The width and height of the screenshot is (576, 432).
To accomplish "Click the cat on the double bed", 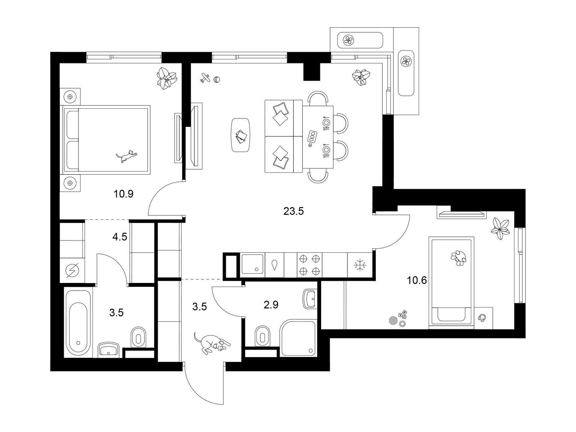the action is pyautogui.click(x=126, y=156).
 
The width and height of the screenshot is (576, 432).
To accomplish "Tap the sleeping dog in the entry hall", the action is pyautogui.click(x=212, y=344).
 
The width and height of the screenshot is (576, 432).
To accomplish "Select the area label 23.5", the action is pyautogui.click(x=293, y=211).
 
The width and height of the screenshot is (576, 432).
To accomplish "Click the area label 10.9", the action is pyautogui.click(x=123, y=194).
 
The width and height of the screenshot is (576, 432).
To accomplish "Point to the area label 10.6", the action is pyautogui.click(x=417, y=280).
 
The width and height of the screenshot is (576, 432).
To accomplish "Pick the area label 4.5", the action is pyautogui.click(x=120, y=237).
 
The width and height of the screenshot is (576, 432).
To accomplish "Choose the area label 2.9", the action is pyautogui.click(x=271, y=305).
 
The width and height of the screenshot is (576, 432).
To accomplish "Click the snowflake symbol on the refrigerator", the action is pyautogui.click(x=360, y=265).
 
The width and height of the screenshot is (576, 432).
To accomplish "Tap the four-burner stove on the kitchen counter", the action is pyautogui.click(x=310, y=265).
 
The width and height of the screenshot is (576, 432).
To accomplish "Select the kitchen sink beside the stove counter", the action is pyautogui.click(x=252, y=265).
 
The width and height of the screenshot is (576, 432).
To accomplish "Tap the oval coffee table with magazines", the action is pyautogui.click(x=240, y=135).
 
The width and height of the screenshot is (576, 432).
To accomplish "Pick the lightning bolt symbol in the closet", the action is pyautogui.click(x=72, y=270).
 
